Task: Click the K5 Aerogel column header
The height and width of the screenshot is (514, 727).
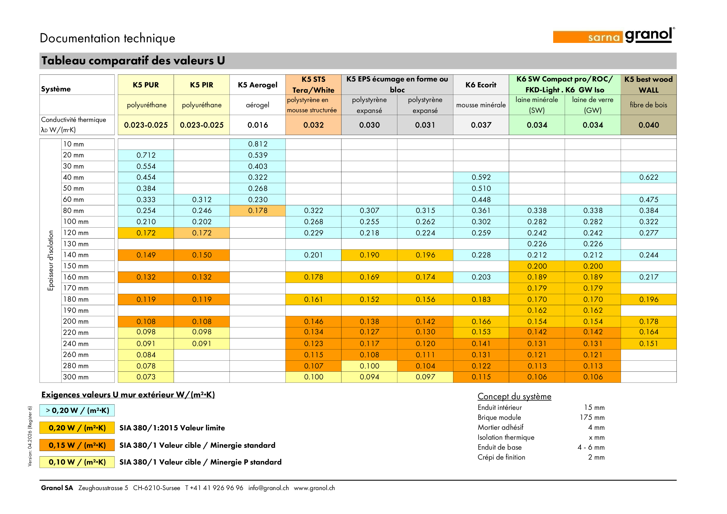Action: (x=257, y=85)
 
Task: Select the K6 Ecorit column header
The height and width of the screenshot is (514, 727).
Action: (x=481, y=85)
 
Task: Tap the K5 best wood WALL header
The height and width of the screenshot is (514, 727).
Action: (x=648, y=85)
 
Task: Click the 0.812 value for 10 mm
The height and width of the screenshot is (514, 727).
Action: (x=257, y=144)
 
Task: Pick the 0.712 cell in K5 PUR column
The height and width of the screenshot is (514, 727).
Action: (x=146, y=155)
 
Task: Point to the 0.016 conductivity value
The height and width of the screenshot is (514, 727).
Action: (x=257, y=125)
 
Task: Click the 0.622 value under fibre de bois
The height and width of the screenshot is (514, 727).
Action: (x=648, y=177)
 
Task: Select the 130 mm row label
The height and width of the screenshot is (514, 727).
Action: (x=76, y=244)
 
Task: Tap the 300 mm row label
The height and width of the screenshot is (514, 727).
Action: (x=76, y=377)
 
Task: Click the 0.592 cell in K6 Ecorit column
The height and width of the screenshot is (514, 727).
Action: (x=481, y=177)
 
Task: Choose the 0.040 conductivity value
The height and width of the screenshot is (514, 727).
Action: (x=648, y=125)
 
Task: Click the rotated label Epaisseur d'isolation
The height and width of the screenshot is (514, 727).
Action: (x=50, y=260)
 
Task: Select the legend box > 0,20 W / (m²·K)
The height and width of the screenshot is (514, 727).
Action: (x=77, y=410)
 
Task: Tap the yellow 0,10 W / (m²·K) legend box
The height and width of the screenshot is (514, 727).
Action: (x=77, y=462)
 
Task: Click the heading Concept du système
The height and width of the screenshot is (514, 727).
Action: (x=514, y=396)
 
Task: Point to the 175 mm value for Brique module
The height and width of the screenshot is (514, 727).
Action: (x=592, y=417)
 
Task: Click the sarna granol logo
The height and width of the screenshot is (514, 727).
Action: (x=614, y=36)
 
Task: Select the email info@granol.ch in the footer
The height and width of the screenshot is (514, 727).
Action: (x=269, y=488)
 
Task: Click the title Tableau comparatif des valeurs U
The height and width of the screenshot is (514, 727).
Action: (x=133, y=61)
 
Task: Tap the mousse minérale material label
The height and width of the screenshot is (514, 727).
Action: (x=481, y=105)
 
